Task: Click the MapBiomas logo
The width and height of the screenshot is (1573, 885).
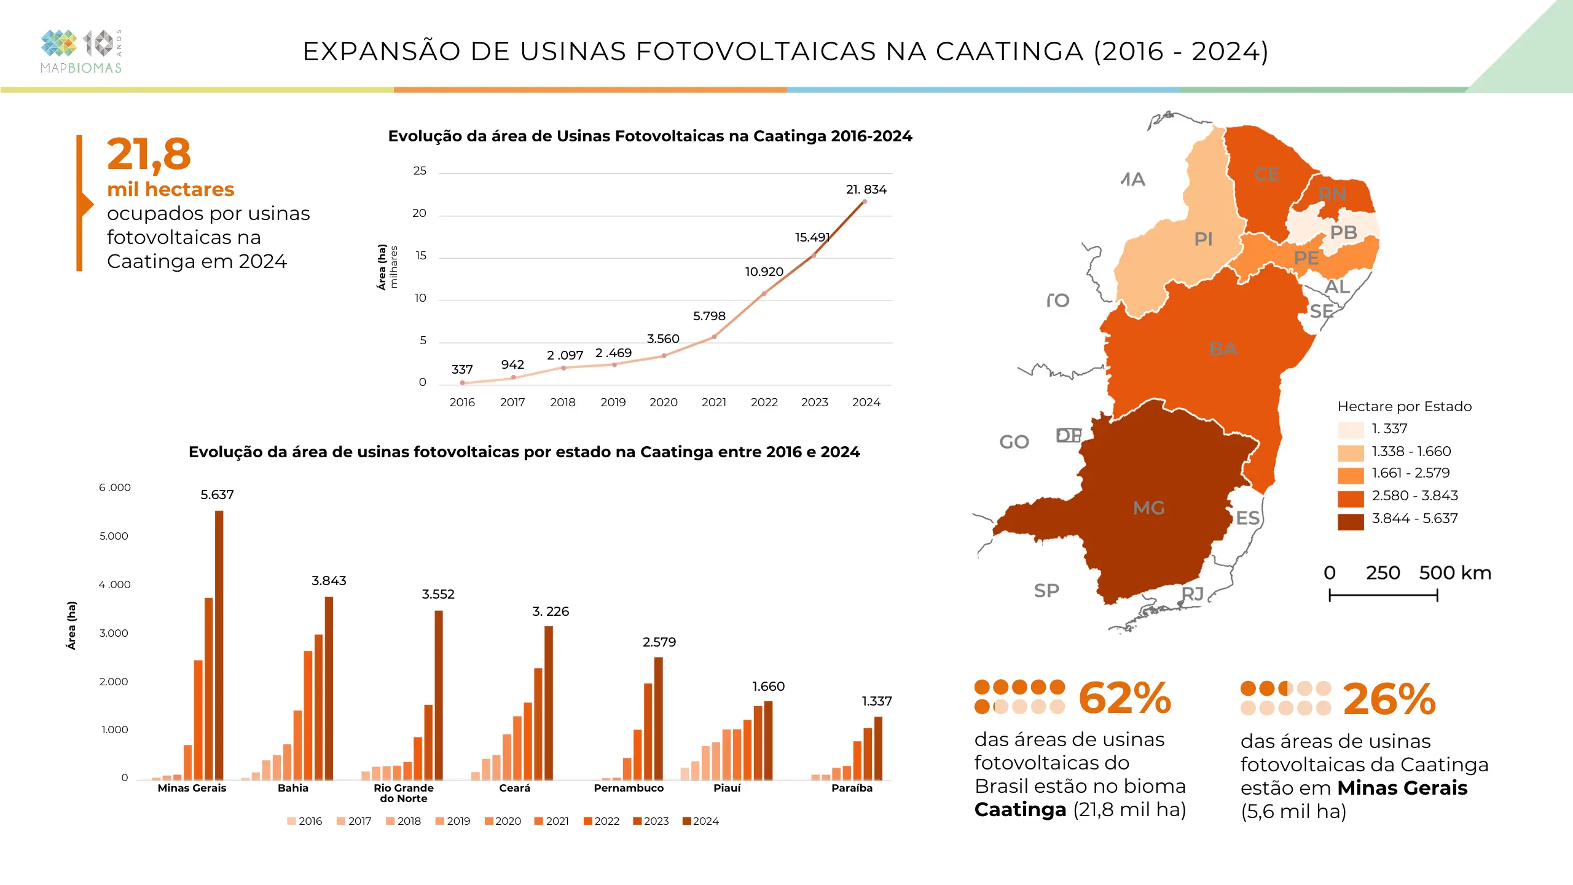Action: pos(81,52)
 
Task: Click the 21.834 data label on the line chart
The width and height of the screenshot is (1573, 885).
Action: pos(866,189)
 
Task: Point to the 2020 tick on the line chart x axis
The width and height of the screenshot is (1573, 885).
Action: pos(664,403)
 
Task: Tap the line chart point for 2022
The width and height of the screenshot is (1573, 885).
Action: pos(764,294)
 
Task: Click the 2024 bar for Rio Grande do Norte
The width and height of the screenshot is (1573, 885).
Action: pos(439,694)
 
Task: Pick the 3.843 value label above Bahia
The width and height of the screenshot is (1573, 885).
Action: pos(329,581)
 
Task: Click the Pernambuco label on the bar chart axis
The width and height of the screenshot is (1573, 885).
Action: pos(629,788)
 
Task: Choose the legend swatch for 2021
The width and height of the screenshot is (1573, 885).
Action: pos(539,821)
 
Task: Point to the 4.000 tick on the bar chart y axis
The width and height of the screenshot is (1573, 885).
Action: pos(114,584)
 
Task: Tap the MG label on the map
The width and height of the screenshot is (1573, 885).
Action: pos(1148,508)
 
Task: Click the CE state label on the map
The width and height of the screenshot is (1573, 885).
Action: pos(1266,175)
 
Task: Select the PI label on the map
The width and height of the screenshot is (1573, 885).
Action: pos(1203,238)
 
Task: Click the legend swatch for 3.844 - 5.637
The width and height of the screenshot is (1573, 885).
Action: pos(1350,521)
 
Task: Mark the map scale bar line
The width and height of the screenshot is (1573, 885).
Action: pos(1383,595)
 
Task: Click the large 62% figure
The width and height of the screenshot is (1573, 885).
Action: pos(1124,699)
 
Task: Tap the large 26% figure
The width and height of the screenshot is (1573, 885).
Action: pos(1389,700)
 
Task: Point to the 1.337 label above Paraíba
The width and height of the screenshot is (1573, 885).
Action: pos(876,701)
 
